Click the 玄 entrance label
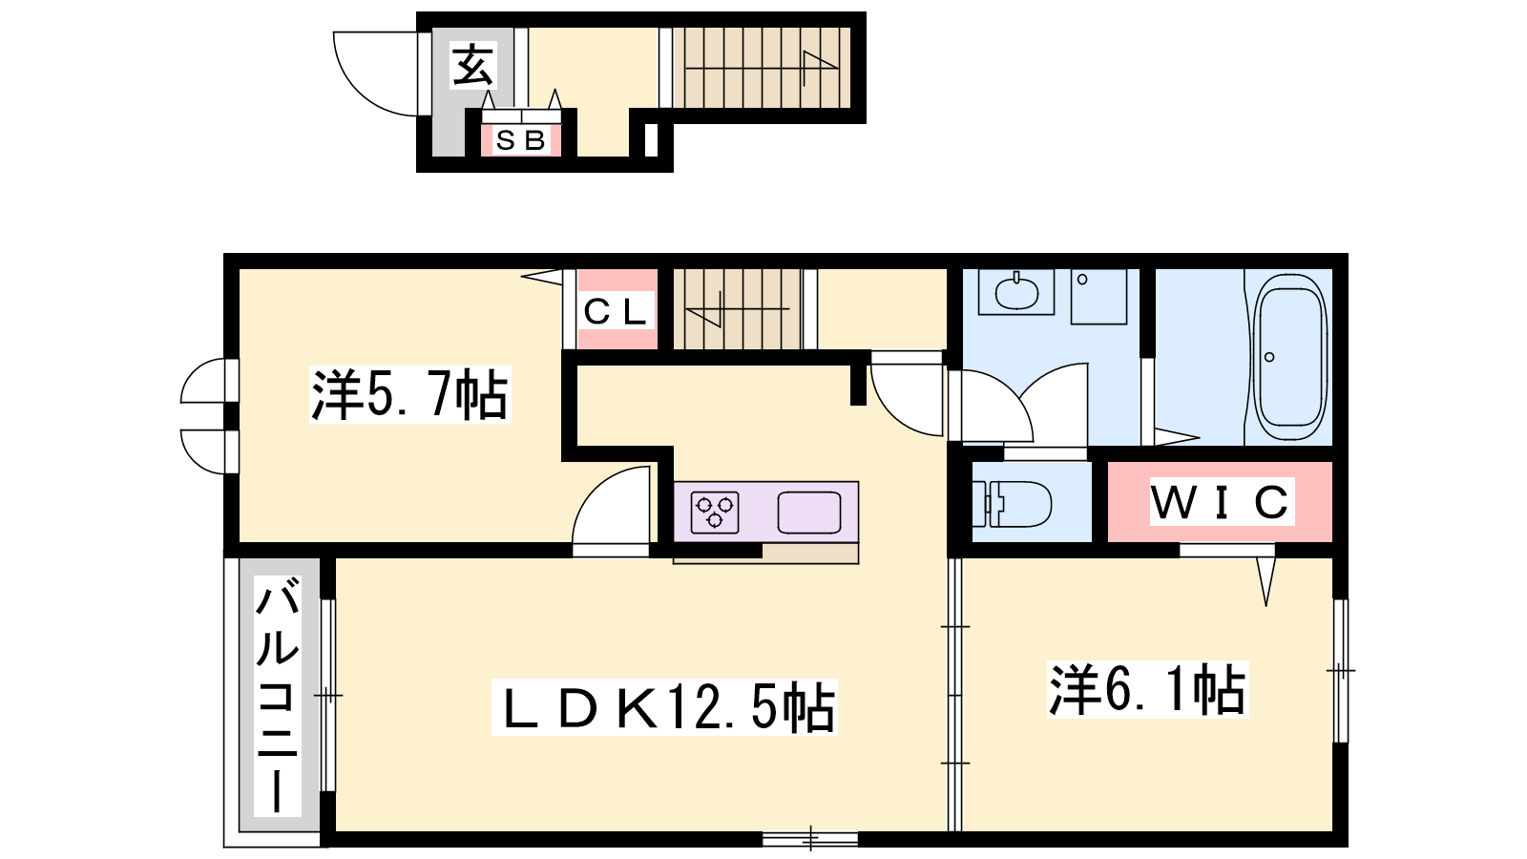[472, 65]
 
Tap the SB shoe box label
[521, 140]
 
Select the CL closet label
[615, 311]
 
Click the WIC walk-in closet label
[1222, 502]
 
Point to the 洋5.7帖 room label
[409, 395]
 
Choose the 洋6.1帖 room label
[1148, 689]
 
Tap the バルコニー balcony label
[278, 696]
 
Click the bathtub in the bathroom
[1289, 358]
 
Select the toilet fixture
[1012, 504]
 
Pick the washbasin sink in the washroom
[1016, 292]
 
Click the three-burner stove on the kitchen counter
[715, 512]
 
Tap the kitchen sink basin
[809, 512]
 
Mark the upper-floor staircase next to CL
[738, 309]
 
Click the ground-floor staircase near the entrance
[762, 67]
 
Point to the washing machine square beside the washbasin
[1098, 297]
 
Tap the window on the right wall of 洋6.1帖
[1340, 671]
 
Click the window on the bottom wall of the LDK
[810, 839]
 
